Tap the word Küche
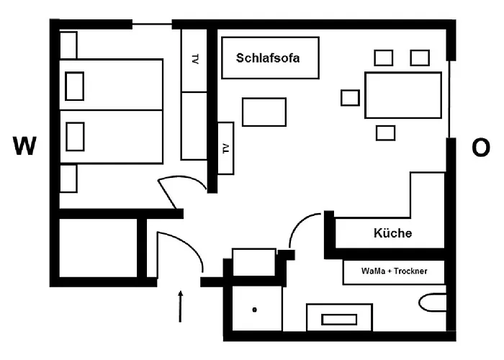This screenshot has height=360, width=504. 392,233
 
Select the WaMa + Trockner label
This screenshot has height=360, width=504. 393,273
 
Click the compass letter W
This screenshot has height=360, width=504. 24,147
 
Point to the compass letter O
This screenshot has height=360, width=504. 480,148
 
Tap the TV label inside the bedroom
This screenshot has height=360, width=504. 195,60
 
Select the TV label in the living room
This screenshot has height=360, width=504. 225,148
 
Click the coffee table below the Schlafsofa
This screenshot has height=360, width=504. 264,112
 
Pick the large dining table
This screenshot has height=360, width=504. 402,95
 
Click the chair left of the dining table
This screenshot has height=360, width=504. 350,97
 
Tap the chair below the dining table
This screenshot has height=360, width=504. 386,132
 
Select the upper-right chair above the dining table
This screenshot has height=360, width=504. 420,57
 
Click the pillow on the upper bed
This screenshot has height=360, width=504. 75,86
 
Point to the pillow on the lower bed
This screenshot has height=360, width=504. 75,136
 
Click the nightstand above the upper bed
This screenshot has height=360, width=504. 68,45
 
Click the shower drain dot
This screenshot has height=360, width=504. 255,310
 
